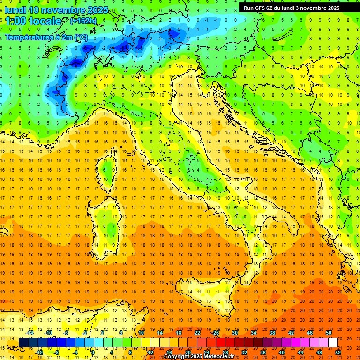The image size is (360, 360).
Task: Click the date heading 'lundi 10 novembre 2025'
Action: tap(56, 10)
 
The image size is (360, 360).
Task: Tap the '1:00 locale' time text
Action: tap(33, 21)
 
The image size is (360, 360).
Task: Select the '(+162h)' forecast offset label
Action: tap(83, 21)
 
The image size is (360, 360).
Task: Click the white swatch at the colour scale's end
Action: tap(333, 343)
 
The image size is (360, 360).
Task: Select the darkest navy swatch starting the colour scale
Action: tap(23, 343)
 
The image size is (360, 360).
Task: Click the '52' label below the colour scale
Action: tap(337, 352)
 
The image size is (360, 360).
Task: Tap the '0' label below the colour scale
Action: tap(93, 352)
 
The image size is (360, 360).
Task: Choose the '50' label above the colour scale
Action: tap(328, 333)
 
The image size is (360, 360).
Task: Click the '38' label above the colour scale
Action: tap(272, 333)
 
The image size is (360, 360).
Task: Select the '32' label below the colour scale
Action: tap(244, 352)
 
